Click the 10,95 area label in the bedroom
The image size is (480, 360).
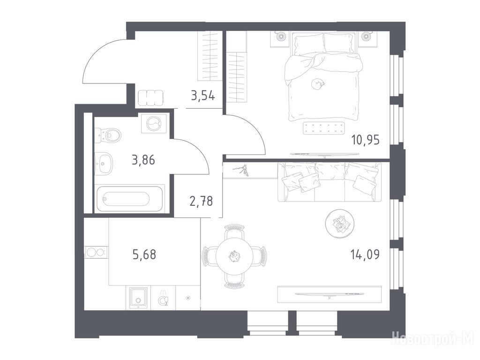[x=366, y=140]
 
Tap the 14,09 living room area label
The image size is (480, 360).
[x=365, y=255]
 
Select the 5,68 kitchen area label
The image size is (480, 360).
[x=144, y=255]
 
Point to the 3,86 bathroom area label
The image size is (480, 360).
[x=143, y=160]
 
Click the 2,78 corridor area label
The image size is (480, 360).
[x=201, y=202]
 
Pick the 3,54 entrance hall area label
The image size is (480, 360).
[x=203, y=96]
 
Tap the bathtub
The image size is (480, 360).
[x=130, y=198]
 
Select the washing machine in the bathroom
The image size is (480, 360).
[x=154, y=123]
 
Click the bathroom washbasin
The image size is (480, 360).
[x=104, y=164]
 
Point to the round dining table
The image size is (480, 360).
[x=235, y=256]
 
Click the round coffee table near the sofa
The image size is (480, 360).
[x=340, y=224]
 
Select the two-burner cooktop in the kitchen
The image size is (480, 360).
[x=96, y=253]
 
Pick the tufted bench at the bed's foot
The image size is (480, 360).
[x=323, y=128]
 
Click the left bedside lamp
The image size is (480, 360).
[x=280, y=37]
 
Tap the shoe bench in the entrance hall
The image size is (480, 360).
[x=150, y=98]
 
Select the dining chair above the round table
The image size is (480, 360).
[x=234, y=232]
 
